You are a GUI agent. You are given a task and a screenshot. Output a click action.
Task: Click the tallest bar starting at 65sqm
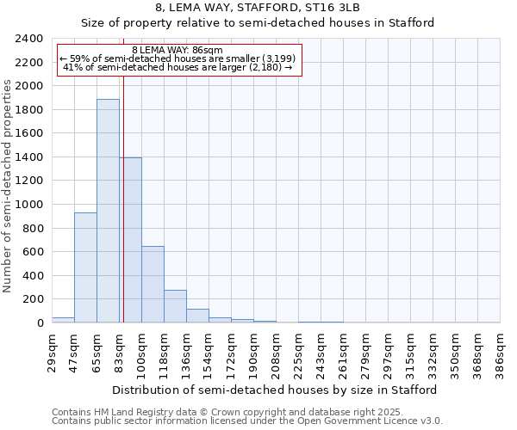coord(108,211)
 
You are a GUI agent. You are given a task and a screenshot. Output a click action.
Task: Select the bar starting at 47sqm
coord(85,267)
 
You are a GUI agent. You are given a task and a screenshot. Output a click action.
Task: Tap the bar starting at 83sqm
coord(130,240)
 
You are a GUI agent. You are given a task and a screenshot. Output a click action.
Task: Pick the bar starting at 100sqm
coord(153,284)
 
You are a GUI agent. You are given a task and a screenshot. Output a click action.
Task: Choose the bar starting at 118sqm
coord(175,306)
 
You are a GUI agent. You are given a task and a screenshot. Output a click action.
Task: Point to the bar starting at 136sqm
coord(197,316)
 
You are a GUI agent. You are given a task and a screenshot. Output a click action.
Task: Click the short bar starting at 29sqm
coord(63,320)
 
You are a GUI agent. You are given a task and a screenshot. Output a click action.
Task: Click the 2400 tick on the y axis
coord(30,39)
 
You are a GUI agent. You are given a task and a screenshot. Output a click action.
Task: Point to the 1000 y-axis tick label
coord(30,205)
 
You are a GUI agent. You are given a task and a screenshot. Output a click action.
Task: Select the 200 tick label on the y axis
coord(34,299)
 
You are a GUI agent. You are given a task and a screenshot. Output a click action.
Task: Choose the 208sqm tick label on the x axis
coord(276,353)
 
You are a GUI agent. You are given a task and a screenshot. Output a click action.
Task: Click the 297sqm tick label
coord(388,353)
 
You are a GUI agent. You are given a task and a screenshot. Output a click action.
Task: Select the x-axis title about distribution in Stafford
coord(275,390)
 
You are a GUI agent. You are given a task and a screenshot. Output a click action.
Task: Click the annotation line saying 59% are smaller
coord(178,58)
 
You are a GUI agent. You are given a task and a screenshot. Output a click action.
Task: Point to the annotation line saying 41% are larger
coord(178,67)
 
